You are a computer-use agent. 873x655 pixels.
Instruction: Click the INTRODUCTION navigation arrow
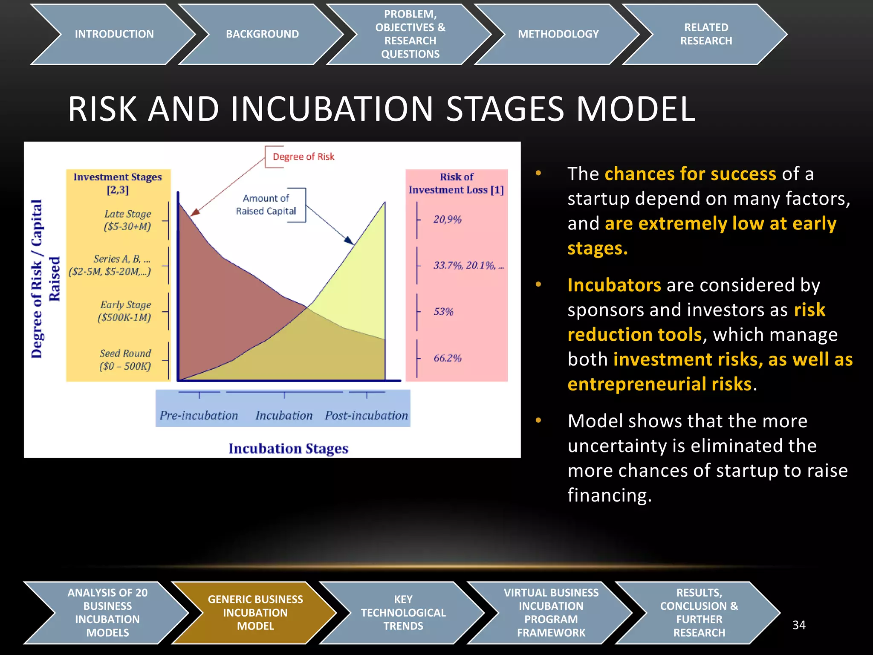114,34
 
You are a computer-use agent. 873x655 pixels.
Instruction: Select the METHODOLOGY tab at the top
558,34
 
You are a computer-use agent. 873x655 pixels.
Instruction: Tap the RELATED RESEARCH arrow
706,34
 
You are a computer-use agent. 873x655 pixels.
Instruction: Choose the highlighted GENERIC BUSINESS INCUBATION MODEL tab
255,612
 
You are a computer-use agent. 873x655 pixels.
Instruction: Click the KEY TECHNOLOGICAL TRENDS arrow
403,612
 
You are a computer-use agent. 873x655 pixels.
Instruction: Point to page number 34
799,625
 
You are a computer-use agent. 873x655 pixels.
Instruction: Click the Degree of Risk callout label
303,157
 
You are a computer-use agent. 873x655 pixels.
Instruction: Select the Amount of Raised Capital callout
266,205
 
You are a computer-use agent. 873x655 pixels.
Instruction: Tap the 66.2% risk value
447,358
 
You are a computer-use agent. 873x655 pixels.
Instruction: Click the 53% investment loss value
443,312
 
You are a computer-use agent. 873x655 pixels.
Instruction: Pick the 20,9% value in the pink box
447,220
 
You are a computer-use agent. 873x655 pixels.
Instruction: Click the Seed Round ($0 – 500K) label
125,359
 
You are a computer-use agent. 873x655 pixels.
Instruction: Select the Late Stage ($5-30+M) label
127,220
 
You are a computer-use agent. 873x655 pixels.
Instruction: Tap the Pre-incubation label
199,415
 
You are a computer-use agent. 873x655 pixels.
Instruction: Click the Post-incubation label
366,415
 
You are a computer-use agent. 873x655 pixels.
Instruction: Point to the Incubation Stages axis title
288,449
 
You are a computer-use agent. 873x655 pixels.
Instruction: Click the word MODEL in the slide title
636,109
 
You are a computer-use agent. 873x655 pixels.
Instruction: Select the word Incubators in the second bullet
614,285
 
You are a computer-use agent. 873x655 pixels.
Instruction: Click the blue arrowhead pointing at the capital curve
349,241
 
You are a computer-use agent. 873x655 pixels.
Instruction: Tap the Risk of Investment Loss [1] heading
456,183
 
